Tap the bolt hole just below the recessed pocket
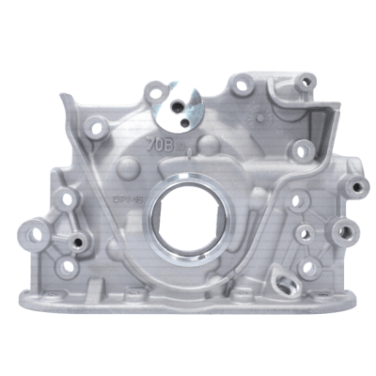click(x=302, y=149)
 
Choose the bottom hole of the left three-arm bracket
click(x=67, y=267)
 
